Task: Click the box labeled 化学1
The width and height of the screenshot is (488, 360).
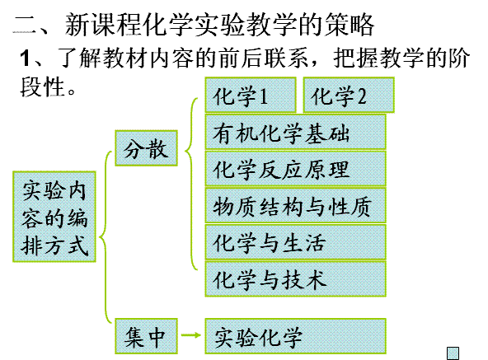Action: coord(251,95)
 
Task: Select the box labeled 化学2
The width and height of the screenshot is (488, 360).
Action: coord(349,95)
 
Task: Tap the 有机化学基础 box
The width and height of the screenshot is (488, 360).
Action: coord(296,132)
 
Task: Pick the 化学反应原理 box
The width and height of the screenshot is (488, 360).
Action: coord(296,169)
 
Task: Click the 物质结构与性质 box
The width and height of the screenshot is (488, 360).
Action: coord(296,205)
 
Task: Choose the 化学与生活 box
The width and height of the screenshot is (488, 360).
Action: coord(296,242)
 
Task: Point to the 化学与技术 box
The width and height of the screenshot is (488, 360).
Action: coord(296,278)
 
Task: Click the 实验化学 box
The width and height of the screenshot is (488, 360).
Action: coord(296,336)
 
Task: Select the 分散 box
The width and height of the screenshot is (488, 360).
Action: coord(146,148)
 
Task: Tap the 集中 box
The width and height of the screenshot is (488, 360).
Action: coord(146,336)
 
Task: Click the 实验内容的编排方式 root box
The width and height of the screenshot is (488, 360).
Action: coord(54,217)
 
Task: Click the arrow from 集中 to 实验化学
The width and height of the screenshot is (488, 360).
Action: coord(190,335)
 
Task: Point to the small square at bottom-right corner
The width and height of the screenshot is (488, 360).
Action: coord(453,353)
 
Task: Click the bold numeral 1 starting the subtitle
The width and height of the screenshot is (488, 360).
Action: coord(26,58)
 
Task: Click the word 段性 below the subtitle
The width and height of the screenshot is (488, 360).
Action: coord(42,86)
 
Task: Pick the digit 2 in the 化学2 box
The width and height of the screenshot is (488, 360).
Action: coord(362,96)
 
